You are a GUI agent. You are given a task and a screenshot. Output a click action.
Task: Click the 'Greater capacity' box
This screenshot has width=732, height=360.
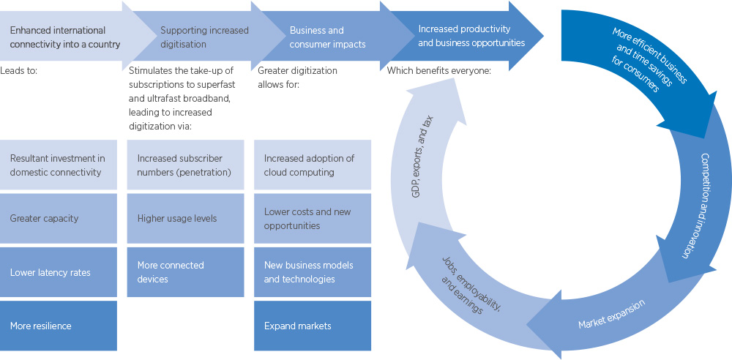tap(58, 218)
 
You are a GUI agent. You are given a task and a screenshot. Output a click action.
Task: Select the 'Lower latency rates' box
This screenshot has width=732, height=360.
tap(58, 272)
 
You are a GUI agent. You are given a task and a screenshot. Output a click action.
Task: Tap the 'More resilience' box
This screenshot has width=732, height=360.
tap(58, 326)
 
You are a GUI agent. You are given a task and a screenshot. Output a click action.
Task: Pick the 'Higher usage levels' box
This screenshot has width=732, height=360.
tap(185, 218)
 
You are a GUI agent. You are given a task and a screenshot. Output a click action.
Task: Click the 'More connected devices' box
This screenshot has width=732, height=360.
tap(185, 272)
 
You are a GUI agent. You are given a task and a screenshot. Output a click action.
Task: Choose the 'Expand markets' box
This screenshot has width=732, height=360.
tap(312, 326)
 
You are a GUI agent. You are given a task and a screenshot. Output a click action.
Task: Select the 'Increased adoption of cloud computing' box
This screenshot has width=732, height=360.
tap(312, 165)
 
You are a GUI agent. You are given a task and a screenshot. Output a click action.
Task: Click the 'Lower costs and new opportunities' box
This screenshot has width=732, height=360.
tap(312, 219)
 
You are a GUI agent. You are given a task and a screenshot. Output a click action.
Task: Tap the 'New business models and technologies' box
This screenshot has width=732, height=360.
tap(312, 272)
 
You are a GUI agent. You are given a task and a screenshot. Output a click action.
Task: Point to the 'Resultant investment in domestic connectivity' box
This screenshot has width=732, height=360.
tap(58, 165)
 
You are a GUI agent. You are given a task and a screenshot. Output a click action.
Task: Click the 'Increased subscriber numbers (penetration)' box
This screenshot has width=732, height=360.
tap(185, 165)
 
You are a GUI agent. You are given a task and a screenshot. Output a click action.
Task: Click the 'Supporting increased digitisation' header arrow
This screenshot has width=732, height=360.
tap(204, 37)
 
